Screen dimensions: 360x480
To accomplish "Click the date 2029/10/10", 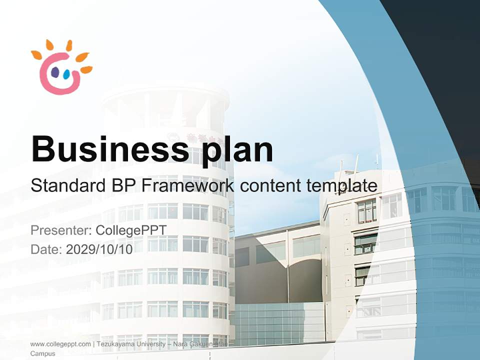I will pos(99,249).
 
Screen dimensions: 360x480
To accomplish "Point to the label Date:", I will pos(46,249).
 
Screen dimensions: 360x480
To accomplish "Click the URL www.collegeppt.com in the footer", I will pos(60,344).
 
